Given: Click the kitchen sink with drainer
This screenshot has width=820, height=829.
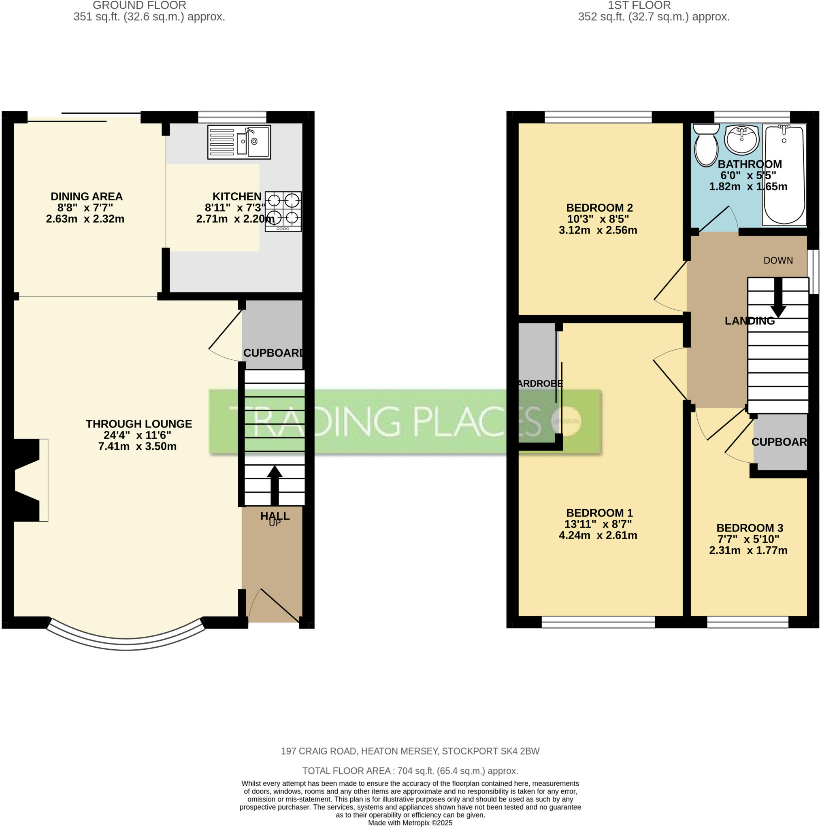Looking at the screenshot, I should point(239,142).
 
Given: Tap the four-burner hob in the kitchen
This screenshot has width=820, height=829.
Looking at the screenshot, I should point(283,211).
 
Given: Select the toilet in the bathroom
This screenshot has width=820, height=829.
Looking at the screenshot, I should point(706,145).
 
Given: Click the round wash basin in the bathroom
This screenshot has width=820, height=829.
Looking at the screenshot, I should point(741,140).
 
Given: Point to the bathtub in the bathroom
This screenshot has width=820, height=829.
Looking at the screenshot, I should point(784,174).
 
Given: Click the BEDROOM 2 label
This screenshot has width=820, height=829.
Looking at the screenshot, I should point(599,208).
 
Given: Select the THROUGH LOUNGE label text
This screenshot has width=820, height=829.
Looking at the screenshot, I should point(138,424).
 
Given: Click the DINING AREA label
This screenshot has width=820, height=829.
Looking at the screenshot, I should point(87,196).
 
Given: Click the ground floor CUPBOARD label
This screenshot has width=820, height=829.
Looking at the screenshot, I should point(273,353).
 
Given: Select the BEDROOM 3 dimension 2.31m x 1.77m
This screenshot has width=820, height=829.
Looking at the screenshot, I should point(748,551).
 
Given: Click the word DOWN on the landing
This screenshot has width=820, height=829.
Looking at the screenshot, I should point(778,260).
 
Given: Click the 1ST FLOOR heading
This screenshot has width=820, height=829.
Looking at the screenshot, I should point(639,6).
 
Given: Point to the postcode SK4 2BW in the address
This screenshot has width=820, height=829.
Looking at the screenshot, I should point(520,751).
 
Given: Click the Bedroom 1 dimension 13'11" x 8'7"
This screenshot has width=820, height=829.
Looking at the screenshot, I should point(598,524).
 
